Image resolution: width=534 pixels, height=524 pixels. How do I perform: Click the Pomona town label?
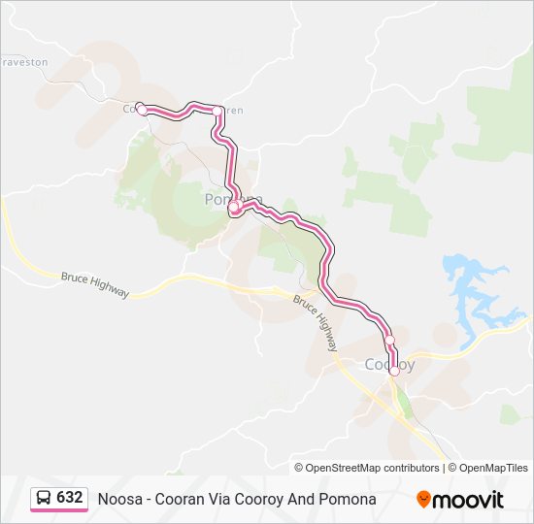(233, 198)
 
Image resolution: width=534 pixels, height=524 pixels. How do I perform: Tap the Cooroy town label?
(388, 365)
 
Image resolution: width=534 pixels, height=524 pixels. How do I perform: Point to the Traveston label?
(25, 61)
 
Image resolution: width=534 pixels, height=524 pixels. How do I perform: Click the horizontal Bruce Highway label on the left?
(94, 283)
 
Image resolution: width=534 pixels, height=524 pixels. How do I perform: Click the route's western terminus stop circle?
(143, 111)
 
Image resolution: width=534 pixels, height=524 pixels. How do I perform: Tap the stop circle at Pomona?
(234, 206)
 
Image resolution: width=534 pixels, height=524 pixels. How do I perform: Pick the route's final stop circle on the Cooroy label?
(394, 371)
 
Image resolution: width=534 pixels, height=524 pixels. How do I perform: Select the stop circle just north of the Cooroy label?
(389, 340)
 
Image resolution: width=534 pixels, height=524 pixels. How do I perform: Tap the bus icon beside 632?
(44, 499)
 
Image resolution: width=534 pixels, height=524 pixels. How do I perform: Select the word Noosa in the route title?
(117, 499)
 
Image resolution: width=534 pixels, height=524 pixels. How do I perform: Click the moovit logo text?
(469, 500)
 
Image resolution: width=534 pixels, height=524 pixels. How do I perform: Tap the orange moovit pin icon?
(423, 500)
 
